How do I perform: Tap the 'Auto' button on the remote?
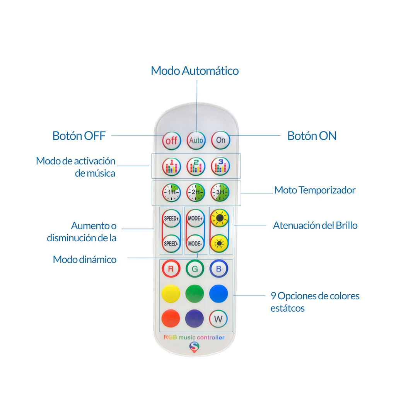[x=196, y=140]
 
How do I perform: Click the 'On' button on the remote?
[x=220, y=140]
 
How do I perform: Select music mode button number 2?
[x=196, y=166]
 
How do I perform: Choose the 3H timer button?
[x=220, y=192]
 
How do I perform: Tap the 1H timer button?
[x=171, y=192]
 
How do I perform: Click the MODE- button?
[x=196, y=244]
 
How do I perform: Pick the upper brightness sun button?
[x=219, y=218]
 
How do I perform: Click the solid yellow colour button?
[x=171, y=294]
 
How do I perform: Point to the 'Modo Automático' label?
[x=195, y=71]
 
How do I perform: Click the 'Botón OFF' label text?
[x=79, y=136]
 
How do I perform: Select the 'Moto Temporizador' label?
[x=315, y=190]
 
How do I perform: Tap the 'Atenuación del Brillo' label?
[x=315, y=225]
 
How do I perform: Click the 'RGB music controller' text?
[x=194, y=337]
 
